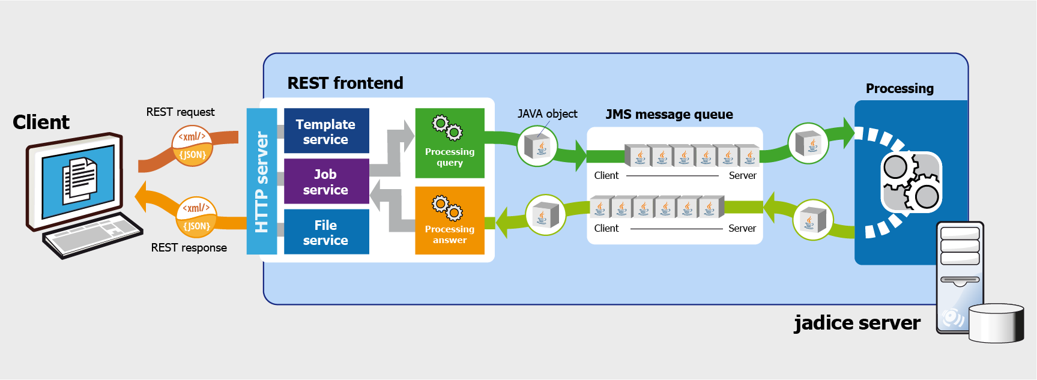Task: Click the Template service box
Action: point(326,131)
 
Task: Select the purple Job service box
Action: point(326,181)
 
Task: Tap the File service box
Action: point(326,232)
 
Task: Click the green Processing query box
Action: point(450,143)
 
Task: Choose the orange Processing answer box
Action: point(450,220)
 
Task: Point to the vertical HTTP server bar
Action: point(262,181)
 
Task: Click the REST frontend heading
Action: point(345,83)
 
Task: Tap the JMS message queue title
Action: point(669,115)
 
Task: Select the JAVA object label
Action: point(547,113)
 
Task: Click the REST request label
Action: point(180,112)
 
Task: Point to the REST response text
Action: point(189,247)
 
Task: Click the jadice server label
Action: point(857,323)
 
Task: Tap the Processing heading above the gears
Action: point(899,89)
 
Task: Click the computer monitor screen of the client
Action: point(78,179)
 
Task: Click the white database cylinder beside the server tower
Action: point(996,324)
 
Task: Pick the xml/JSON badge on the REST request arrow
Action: point(193,145)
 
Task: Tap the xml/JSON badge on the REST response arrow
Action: point(196,217)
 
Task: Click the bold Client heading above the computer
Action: point(41,122)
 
